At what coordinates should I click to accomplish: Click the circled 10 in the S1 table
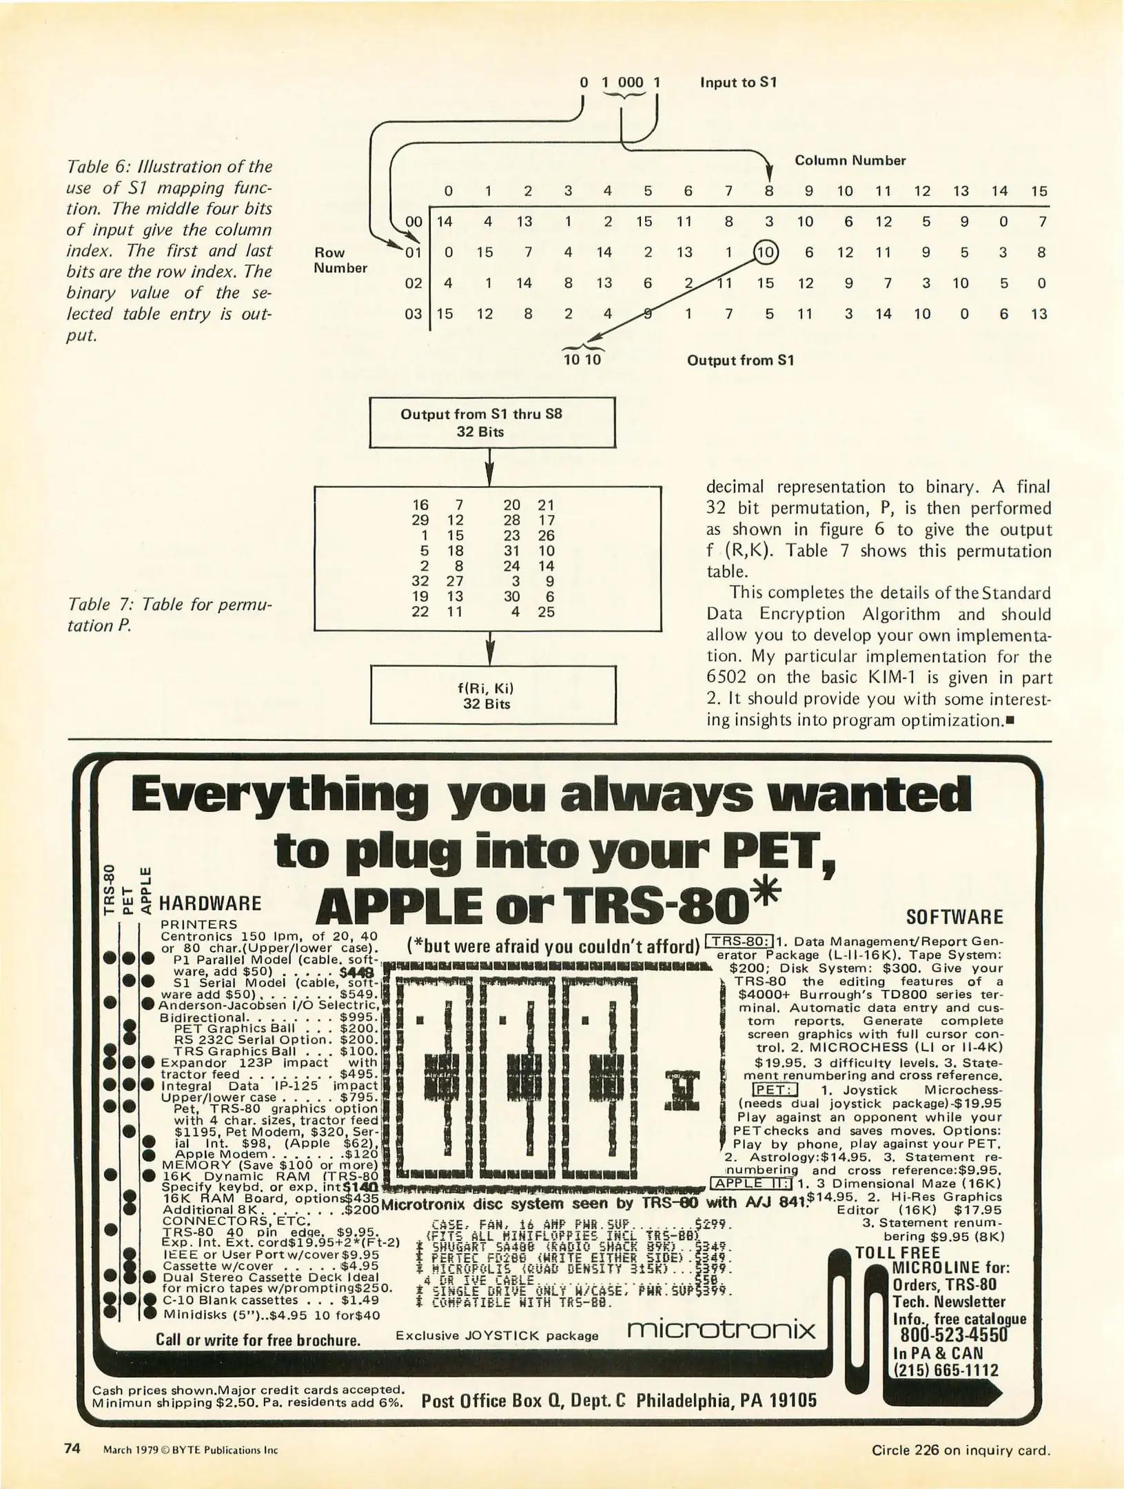point(766,252)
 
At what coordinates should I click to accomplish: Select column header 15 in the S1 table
point(1039,191)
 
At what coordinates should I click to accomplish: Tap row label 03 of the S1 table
point(413,314)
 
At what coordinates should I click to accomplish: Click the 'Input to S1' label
point(738,83)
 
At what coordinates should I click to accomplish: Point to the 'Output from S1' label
point(740,361)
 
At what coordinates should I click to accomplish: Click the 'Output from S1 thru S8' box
point(492,423)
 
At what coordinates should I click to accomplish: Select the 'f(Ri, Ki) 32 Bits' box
point(492,695)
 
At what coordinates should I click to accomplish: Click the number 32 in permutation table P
point(420,581)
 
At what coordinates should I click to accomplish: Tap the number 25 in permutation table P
point(546,611)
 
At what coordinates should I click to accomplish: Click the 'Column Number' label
point(850,161)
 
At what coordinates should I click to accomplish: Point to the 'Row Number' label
point(340,260)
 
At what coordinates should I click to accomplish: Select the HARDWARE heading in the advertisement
point(210,904)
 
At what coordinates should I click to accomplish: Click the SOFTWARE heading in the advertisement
point(954,918)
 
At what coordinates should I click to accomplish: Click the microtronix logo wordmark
point(721,1328)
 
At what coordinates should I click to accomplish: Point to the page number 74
point(72,1448)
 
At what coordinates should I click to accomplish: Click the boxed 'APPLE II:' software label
point(752,1184)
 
